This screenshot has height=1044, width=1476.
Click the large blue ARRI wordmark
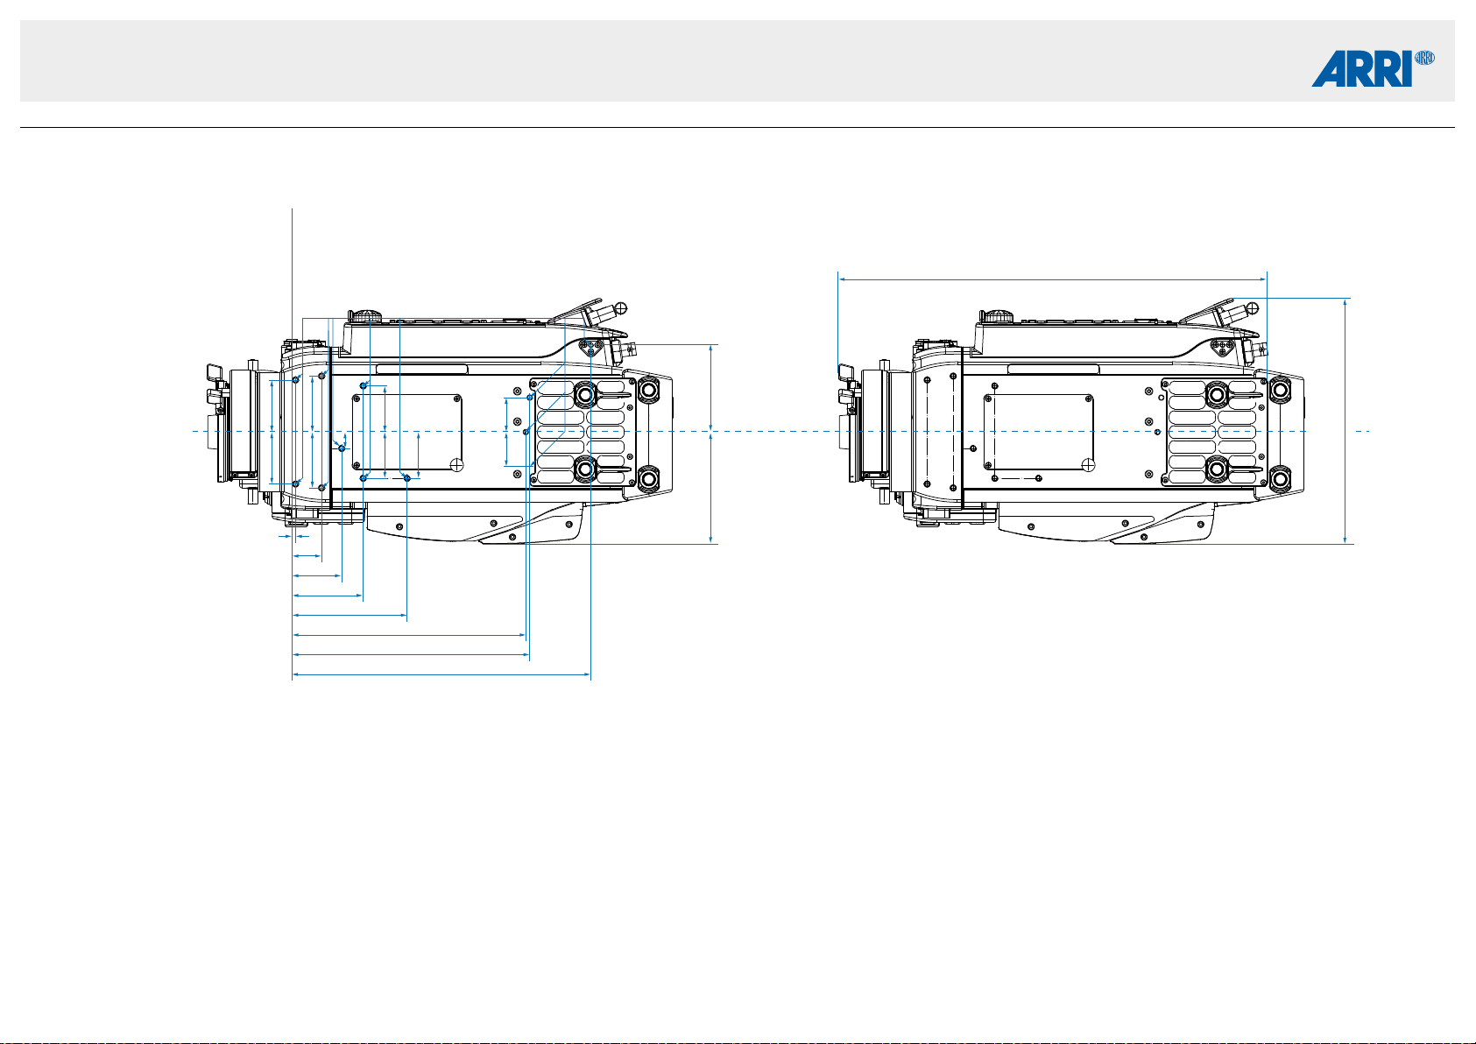pos(1361,68)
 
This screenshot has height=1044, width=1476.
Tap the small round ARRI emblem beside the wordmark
pos(1424,58)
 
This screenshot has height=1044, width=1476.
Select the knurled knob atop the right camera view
pos(999,315)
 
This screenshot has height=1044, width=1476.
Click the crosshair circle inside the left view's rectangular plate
pos(456,464)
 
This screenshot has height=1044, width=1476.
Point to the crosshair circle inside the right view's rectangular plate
pos(1089,464)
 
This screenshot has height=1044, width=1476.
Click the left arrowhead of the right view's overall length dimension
pos(843,279)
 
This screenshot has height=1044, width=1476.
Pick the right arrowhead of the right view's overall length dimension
pos(1262,279)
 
